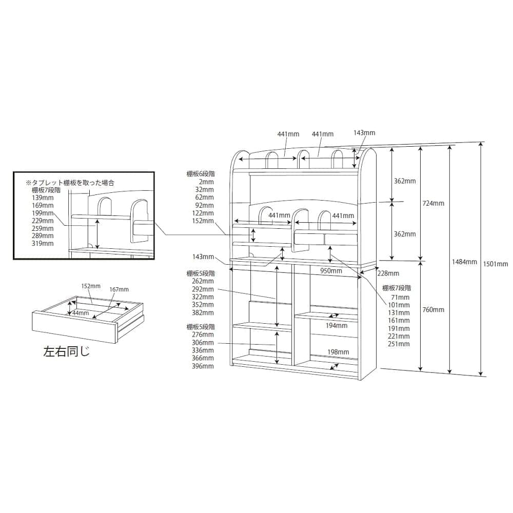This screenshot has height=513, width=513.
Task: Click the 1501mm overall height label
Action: point(496,264)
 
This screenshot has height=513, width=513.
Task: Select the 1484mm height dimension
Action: point(464,262)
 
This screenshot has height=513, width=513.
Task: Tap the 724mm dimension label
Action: point(433,203)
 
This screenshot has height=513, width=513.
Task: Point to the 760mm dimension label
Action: point(433,309)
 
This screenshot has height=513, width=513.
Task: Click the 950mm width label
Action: point(331,270)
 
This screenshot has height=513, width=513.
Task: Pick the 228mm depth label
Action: point(388,273)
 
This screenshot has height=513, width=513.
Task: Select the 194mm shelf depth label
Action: point(337,326)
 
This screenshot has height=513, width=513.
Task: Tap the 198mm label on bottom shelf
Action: point(338,352)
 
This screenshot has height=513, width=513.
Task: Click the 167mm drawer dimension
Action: point(119,289)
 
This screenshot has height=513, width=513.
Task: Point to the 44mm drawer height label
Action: point(81,313)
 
